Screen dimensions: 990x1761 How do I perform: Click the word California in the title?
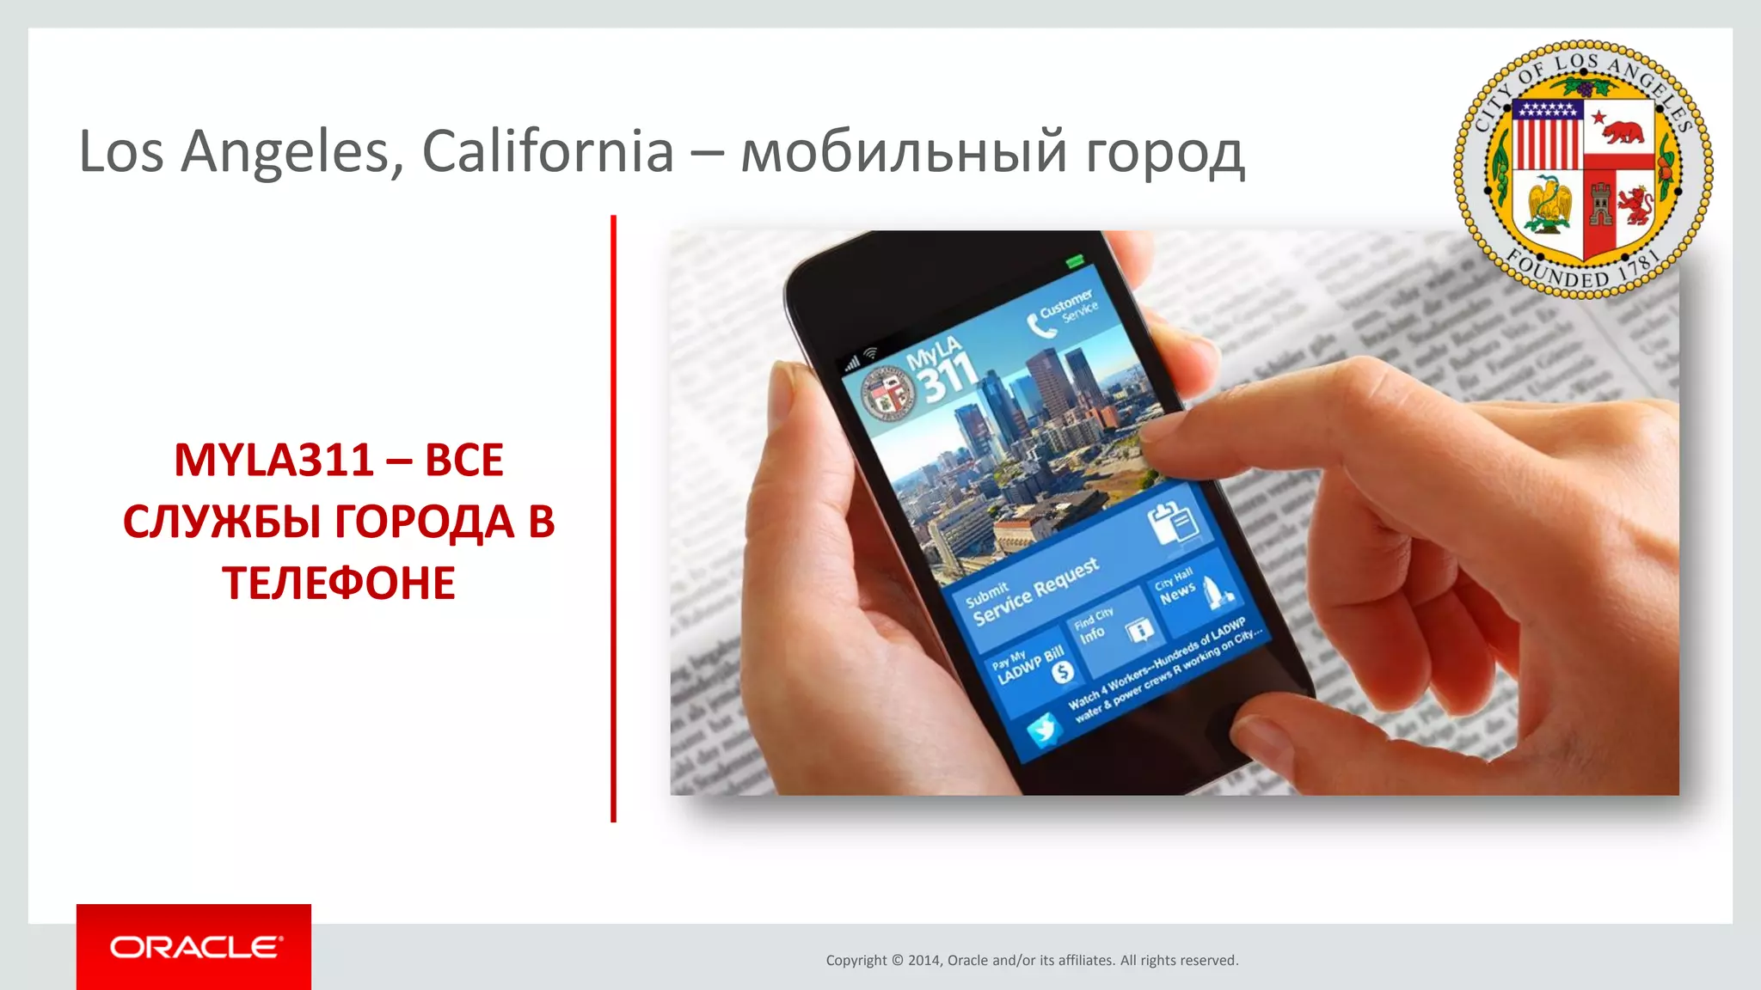pos(548,151)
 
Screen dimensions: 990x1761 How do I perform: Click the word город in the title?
pos(1164,153)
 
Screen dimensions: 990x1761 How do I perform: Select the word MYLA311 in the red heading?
pos(273,460)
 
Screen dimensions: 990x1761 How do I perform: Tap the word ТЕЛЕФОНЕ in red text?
pos(339,584)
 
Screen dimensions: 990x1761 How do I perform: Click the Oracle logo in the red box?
pos(194,947)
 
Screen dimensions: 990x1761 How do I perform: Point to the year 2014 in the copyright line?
pos(925,961)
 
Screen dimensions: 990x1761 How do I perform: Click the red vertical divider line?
pos(613,516)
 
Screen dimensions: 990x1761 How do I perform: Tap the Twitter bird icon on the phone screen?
pos(1044,730)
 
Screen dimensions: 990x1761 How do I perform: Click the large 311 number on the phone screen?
pos(949,378)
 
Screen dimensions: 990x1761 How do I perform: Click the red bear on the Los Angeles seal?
pos(1620,131)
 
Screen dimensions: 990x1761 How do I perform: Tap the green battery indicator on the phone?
pos(1075,260)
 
